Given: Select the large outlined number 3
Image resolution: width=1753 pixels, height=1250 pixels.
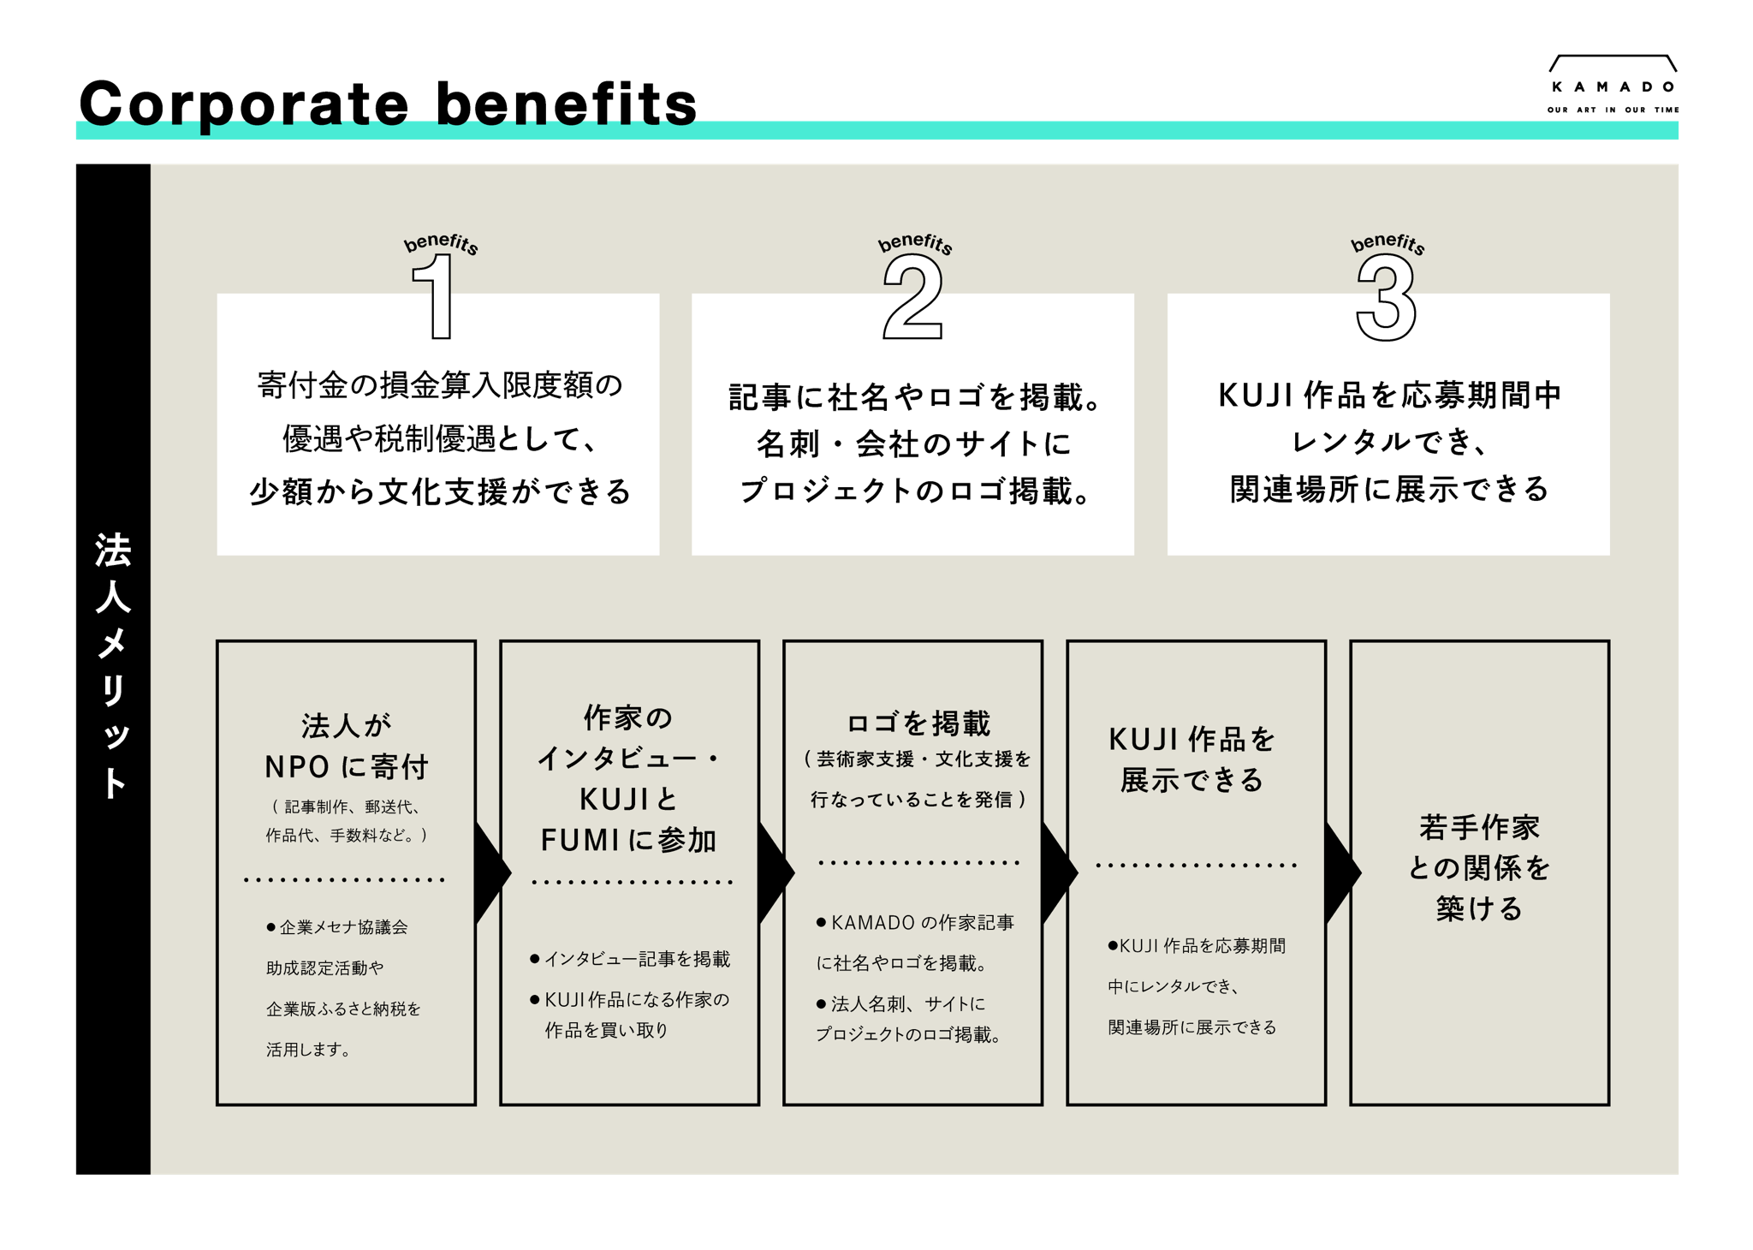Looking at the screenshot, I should pyautogui.click(x=1387, y=299).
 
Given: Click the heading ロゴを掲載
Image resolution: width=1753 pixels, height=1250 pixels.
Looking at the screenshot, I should pyautogui.click(x=918, y=723).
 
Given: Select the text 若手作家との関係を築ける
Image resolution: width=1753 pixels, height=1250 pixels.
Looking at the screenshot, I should pyautogui.click(x=1479, y=867).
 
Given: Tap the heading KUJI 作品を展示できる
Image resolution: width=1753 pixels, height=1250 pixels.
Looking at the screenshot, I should pyautogui.click(x=1192, y=759).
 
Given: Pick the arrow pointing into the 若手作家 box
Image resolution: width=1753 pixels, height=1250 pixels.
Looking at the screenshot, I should pyautogui.click(x=1341, y=873).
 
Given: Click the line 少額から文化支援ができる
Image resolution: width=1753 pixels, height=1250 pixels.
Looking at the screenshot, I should pyautogui.click(x=440, y=491).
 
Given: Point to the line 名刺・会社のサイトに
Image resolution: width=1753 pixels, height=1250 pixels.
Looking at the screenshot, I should pyautogui.click(x=913, y=443).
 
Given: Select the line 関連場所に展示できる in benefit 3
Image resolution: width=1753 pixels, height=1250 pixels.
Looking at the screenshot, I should pyautogui.click(x=1389, y=489).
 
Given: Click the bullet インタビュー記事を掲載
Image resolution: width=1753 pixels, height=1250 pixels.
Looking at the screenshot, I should pyautogui.click(x=637, y=959).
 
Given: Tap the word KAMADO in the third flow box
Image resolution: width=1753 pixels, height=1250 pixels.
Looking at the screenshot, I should pyautogui.click(x=872, y=923).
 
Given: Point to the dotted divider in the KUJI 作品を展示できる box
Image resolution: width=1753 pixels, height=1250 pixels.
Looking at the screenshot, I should pyautogui.click(x=1197, y=865).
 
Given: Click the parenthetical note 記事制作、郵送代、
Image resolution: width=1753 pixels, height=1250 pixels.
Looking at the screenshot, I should pyautogui.click(x=351, y=807).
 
